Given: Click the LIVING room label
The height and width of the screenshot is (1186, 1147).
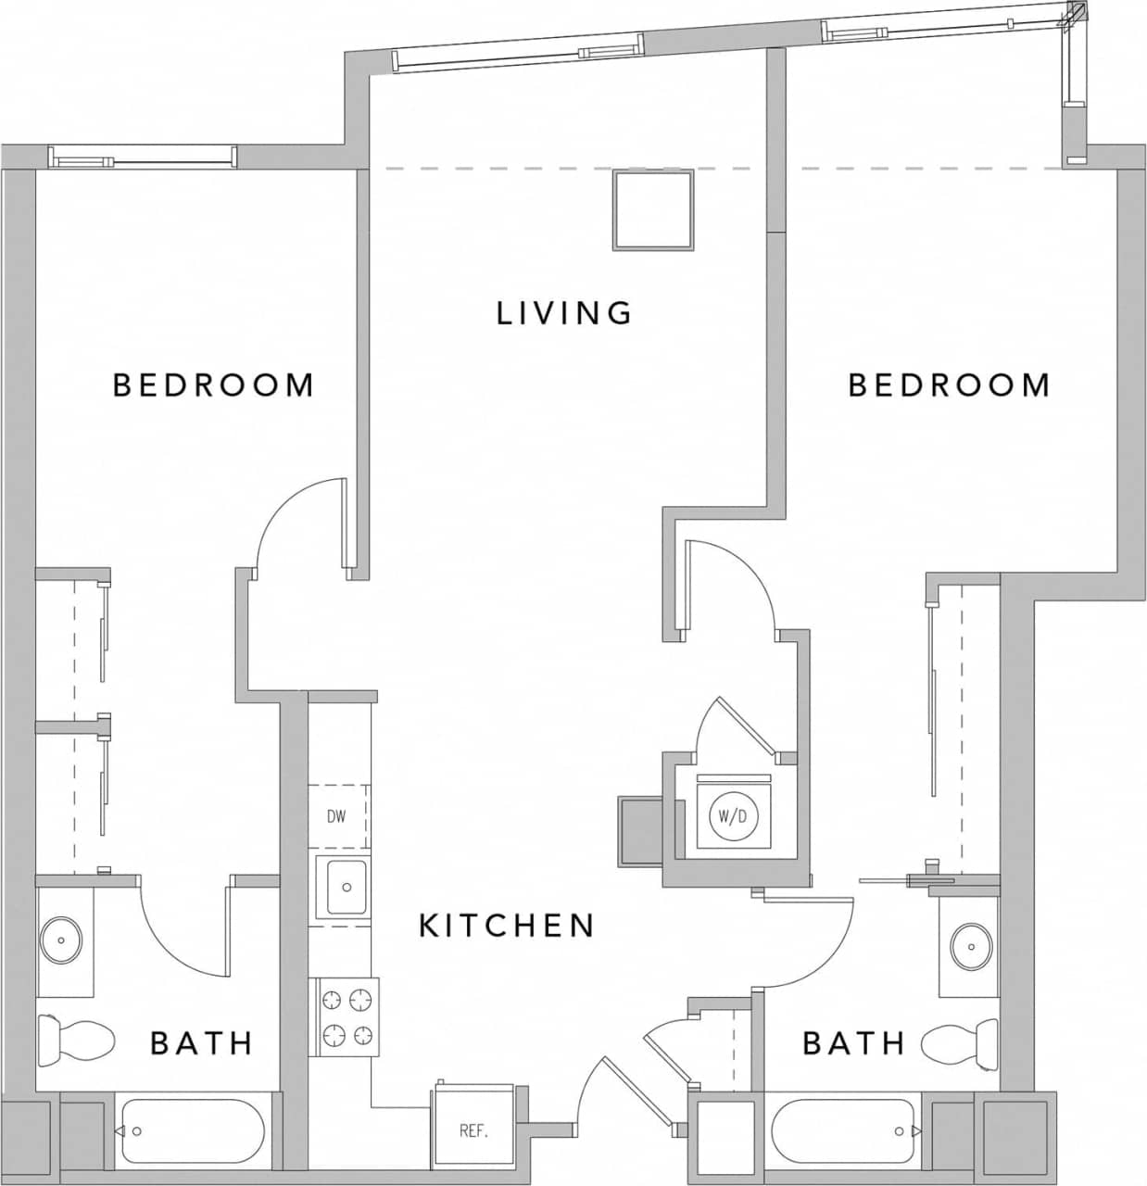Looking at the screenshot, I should [564, 313].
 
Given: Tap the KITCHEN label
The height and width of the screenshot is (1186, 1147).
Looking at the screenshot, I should [506, 926].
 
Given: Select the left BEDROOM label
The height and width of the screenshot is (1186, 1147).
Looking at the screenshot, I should [213, 385].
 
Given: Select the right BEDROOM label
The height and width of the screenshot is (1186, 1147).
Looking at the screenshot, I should [949, 385].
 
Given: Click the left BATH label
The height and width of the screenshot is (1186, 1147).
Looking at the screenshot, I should [202, 1043].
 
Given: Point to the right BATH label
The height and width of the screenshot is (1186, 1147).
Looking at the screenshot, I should [853, 1043].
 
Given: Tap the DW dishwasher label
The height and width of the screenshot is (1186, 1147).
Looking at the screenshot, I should [336, 816].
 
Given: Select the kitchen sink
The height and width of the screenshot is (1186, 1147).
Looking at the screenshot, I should [344, 888].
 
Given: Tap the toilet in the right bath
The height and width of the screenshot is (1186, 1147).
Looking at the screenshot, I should [960, 1041].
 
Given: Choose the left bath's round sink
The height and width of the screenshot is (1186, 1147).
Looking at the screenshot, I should [61, 940].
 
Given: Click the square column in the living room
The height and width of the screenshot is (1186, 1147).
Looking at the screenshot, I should [652, 209].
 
